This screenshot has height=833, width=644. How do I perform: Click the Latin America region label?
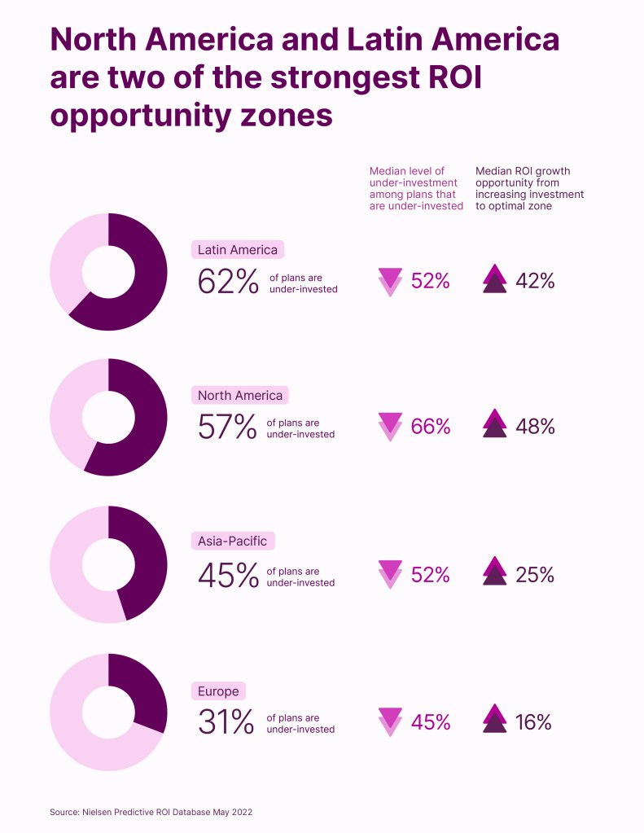pyautogui.click(x=238, y=250)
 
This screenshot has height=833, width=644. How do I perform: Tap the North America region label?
pyautogui.click(x=240, y=396)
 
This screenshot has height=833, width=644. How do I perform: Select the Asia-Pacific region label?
pyautogui.click(x=232, y=541)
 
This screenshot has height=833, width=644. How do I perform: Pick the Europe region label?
pyautogui.click(x=218, y=691)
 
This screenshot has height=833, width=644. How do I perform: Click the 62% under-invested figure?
pyautogui.click(x=228, y=281)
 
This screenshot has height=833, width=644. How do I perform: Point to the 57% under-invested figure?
pyautogui.click(x=228, y=427)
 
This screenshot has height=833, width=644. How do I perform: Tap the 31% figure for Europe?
pyautogui.click(x=226, y=722)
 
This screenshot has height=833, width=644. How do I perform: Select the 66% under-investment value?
pyautogui.click(x=431, y=427)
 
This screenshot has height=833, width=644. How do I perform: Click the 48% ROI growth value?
pyautogui.click(x=535, y=427)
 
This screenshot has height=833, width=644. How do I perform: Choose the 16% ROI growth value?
pyautogui.click(x=533, y=722)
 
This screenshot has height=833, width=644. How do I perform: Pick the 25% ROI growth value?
pyautogui.click(x=535, y=575)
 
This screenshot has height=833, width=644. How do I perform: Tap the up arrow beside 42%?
pyautogui.click(x=494, y=279)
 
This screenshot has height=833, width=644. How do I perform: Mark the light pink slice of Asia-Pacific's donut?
pyautogui.click(x=73, y=570)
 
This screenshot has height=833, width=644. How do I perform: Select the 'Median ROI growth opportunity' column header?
pyautogui.click(x=529, y=189)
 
